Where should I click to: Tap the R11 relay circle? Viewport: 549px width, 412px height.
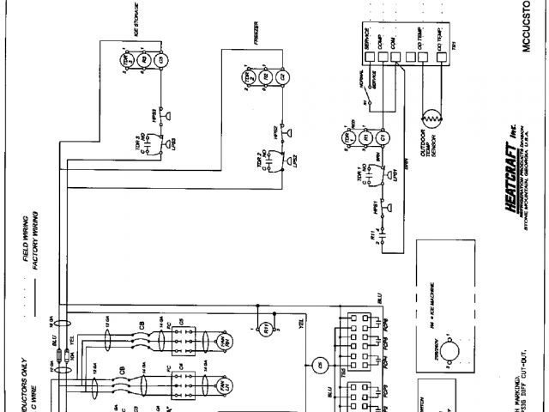click(x=266, y=326)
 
